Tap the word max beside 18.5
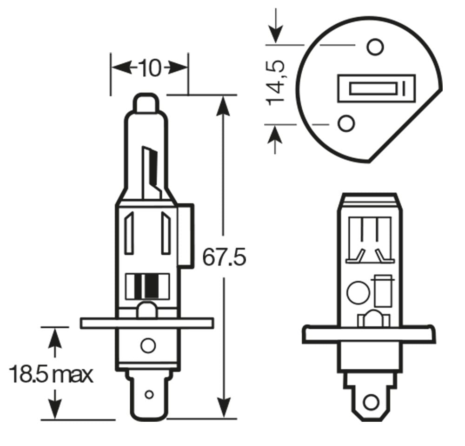tap(72, 375)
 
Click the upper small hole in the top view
tap(374, 47)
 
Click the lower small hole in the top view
tap(346, 123)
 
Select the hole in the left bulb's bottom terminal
tap(149, 395)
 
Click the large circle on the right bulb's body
tap(358, 293)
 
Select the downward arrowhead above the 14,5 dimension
tap(276, 34)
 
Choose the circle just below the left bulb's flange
tap(147, 345)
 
